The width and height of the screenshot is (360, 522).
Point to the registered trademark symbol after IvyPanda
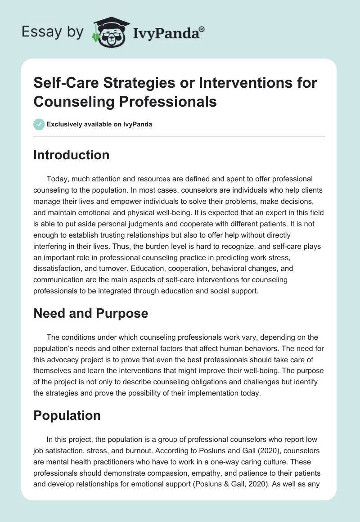202,30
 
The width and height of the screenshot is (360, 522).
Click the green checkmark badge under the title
39,124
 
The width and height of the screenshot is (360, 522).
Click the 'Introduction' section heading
71,155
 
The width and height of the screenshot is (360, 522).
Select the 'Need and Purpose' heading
90,313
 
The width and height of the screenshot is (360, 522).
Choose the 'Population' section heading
67,416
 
